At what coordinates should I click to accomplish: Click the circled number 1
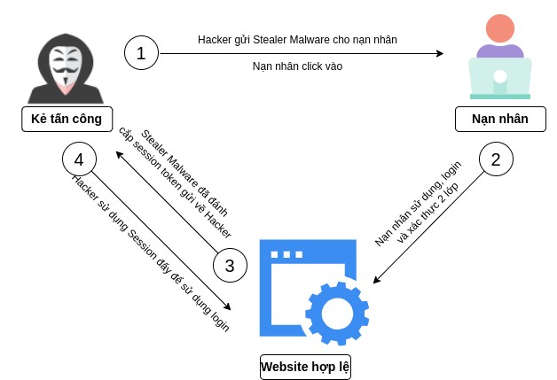pyautogui.click(x=141, y=53)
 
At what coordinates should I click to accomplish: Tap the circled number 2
pyautogui.click(x=496, y=160)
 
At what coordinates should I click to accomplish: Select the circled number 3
pyautogui.click(x=229, y=265)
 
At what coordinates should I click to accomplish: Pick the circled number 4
pyautogui.click(x=79, y=160)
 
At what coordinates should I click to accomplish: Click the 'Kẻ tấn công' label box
pyautogui.click(x=67, y=119)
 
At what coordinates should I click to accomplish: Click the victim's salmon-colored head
pyautogui.click(x=499, y=29)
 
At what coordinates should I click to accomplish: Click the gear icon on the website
pyautogui.click(x=337, y=311)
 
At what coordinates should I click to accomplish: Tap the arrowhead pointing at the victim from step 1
pyautogui.click(x=439, y=53)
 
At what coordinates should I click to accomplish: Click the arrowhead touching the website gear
pyautogui.click(x=376, y=281)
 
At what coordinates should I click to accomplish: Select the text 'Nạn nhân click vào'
pyautogui.click(x=297, y=66)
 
